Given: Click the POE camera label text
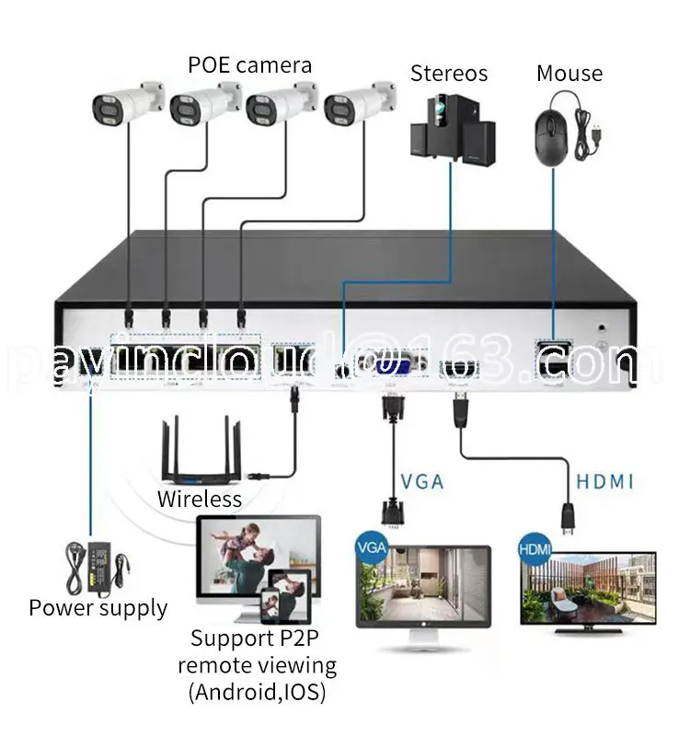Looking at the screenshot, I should [249, 65].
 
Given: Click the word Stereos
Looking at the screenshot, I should [450, 73].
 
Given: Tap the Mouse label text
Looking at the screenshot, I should [569, 73].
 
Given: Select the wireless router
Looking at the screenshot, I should [201, 456].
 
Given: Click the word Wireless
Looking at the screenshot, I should [199, 500].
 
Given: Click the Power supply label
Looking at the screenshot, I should [98, 608].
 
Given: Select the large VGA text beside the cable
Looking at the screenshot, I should [421, 481].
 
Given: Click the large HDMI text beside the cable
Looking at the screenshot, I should [605, 481].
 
